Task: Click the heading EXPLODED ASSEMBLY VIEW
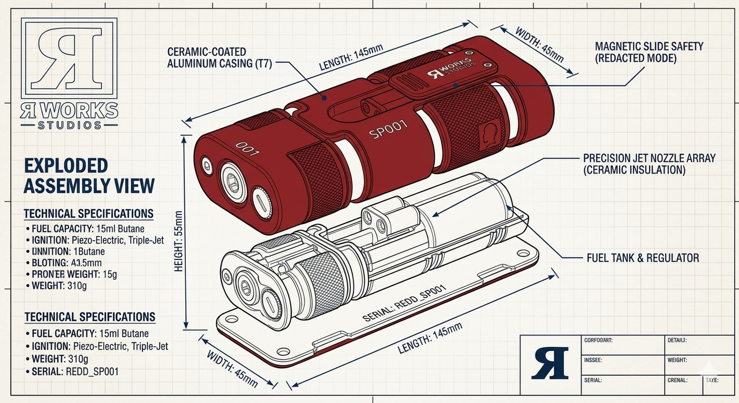[89, 175]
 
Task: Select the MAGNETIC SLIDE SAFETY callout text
[649, 52]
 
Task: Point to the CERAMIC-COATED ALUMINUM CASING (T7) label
[220, 58]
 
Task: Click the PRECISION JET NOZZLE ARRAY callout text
[649, 165]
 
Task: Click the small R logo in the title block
[550, 363]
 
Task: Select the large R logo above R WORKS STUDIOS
[68, 57]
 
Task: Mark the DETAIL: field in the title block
[677, 340]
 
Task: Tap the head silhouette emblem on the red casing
[488, 131]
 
